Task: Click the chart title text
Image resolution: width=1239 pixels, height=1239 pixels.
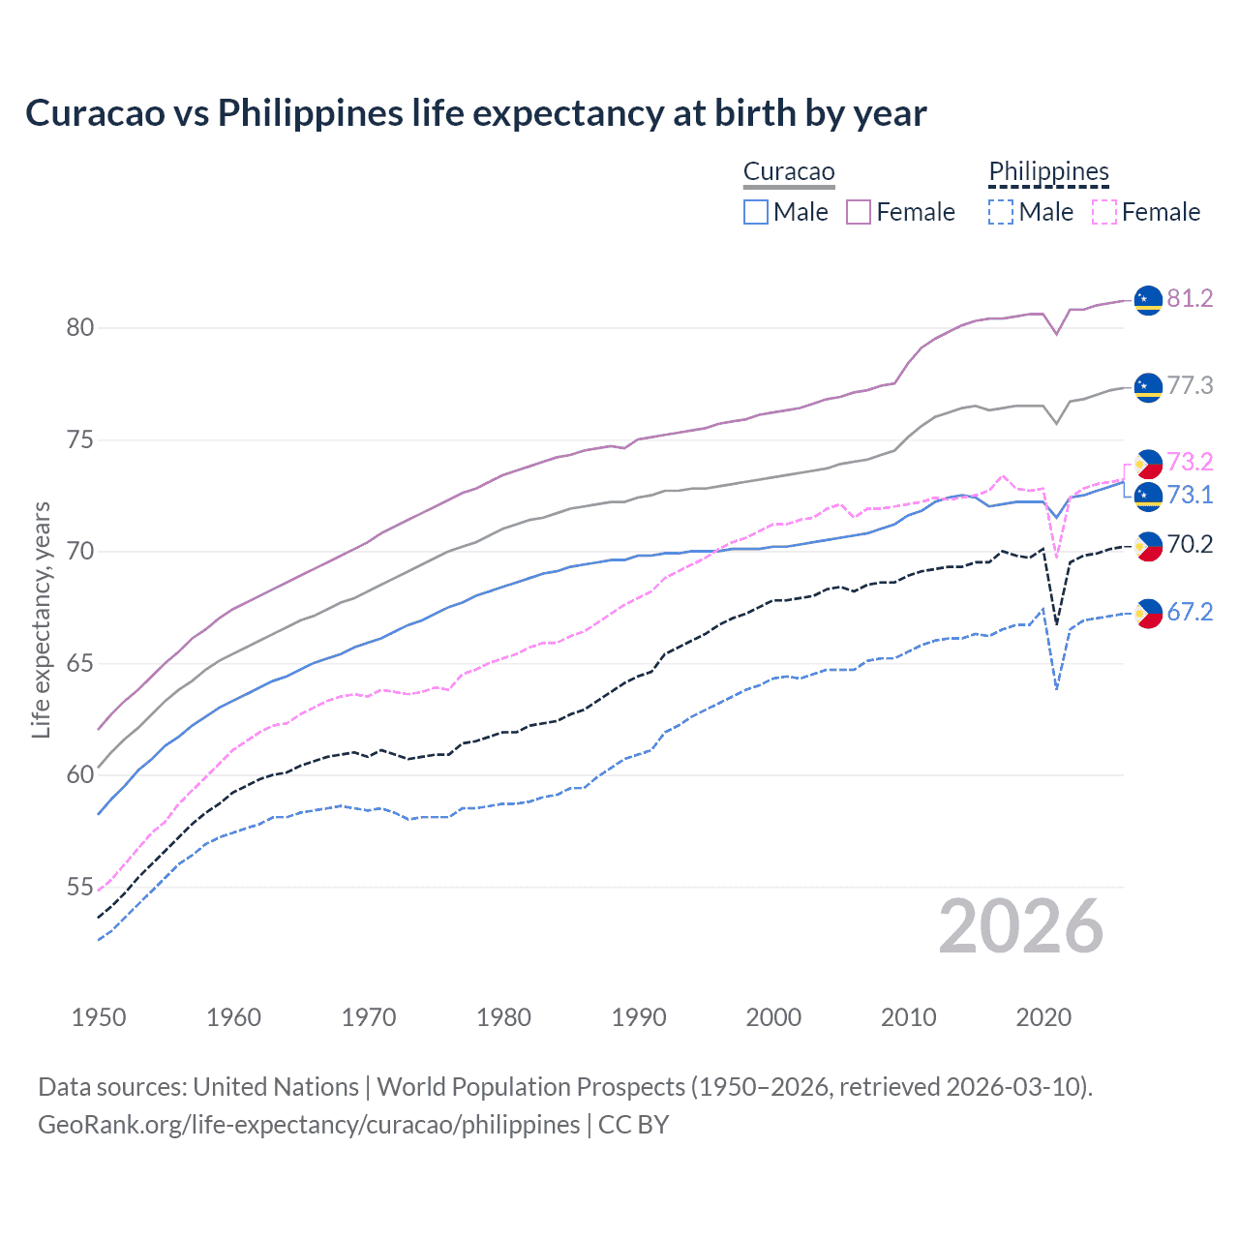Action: click(475, 113)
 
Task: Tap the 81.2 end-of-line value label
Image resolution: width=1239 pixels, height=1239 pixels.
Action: click(1190, 298)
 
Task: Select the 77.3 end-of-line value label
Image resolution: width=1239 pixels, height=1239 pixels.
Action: click(1190, 385)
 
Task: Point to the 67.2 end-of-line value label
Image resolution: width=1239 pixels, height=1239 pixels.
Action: click(1190, 612)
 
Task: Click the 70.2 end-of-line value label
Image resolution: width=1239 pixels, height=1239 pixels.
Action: click(1190, 544)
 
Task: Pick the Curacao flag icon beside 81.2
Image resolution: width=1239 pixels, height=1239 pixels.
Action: click(1148, 300)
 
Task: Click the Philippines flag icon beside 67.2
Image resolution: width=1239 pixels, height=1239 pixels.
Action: click(1148, 614)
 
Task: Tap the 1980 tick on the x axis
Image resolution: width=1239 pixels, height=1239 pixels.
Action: click(503, 1017)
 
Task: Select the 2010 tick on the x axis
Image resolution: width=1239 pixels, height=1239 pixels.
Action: click(908, 1017)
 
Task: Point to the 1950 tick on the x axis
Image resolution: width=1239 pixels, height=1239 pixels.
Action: click(99, 1017)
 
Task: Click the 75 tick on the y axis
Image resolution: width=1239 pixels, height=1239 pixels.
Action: click(79, 440)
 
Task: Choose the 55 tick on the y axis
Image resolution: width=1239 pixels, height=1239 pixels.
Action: click(79, 888)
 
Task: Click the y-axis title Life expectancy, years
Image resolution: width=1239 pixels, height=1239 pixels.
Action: click(41, 619)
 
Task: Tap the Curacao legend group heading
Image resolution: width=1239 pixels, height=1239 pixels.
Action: click(789, 172)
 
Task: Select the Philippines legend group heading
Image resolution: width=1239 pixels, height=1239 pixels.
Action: click(1048, 172)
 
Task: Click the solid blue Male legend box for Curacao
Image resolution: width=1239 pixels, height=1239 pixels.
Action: click(756, 212)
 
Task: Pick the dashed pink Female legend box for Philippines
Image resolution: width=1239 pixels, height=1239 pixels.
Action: click(1104, 212)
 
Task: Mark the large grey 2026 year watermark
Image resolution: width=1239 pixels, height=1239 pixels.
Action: click(1020, 926)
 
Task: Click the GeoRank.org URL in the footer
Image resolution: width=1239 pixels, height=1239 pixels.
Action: click(309, 1125)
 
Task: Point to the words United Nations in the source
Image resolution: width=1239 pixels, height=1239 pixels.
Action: click(276, 1087)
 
